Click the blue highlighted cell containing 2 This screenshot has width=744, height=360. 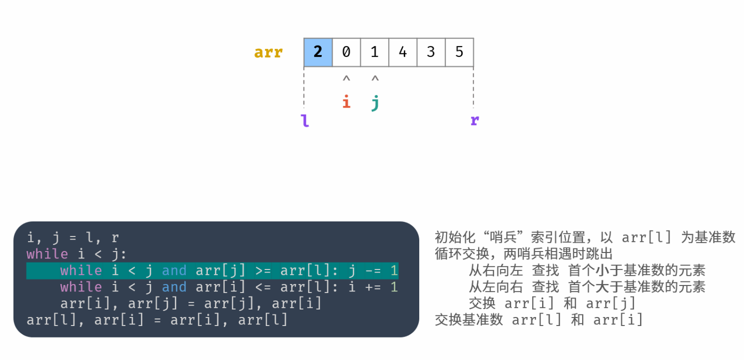pos(318,52)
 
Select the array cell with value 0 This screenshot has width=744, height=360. pos(346,52)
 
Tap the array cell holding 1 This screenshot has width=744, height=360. pos(374,52)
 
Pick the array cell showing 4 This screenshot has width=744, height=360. pos(403,52)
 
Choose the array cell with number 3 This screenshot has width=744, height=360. pos(431,52)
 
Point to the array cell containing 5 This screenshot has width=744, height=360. pos(459,52)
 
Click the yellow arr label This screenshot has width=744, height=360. pos(268,52)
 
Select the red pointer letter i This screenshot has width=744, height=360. pos(346,102)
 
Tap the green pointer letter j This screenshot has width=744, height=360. pos(375,103)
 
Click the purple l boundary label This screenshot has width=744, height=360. pos(305,120)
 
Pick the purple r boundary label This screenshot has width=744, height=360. pos(474,120)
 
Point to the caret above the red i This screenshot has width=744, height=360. pos(346,79)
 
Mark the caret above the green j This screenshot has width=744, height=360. pos(375,79)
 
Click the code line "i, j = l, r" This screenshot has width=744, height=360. pos(73,237)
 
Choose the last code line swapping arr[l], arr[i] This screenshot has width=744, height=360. pos(157,320)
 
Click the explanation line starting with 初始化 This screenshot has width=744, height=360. pos(585,237)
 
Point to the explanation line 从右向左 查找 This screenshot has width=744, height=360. pos(587,270)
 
